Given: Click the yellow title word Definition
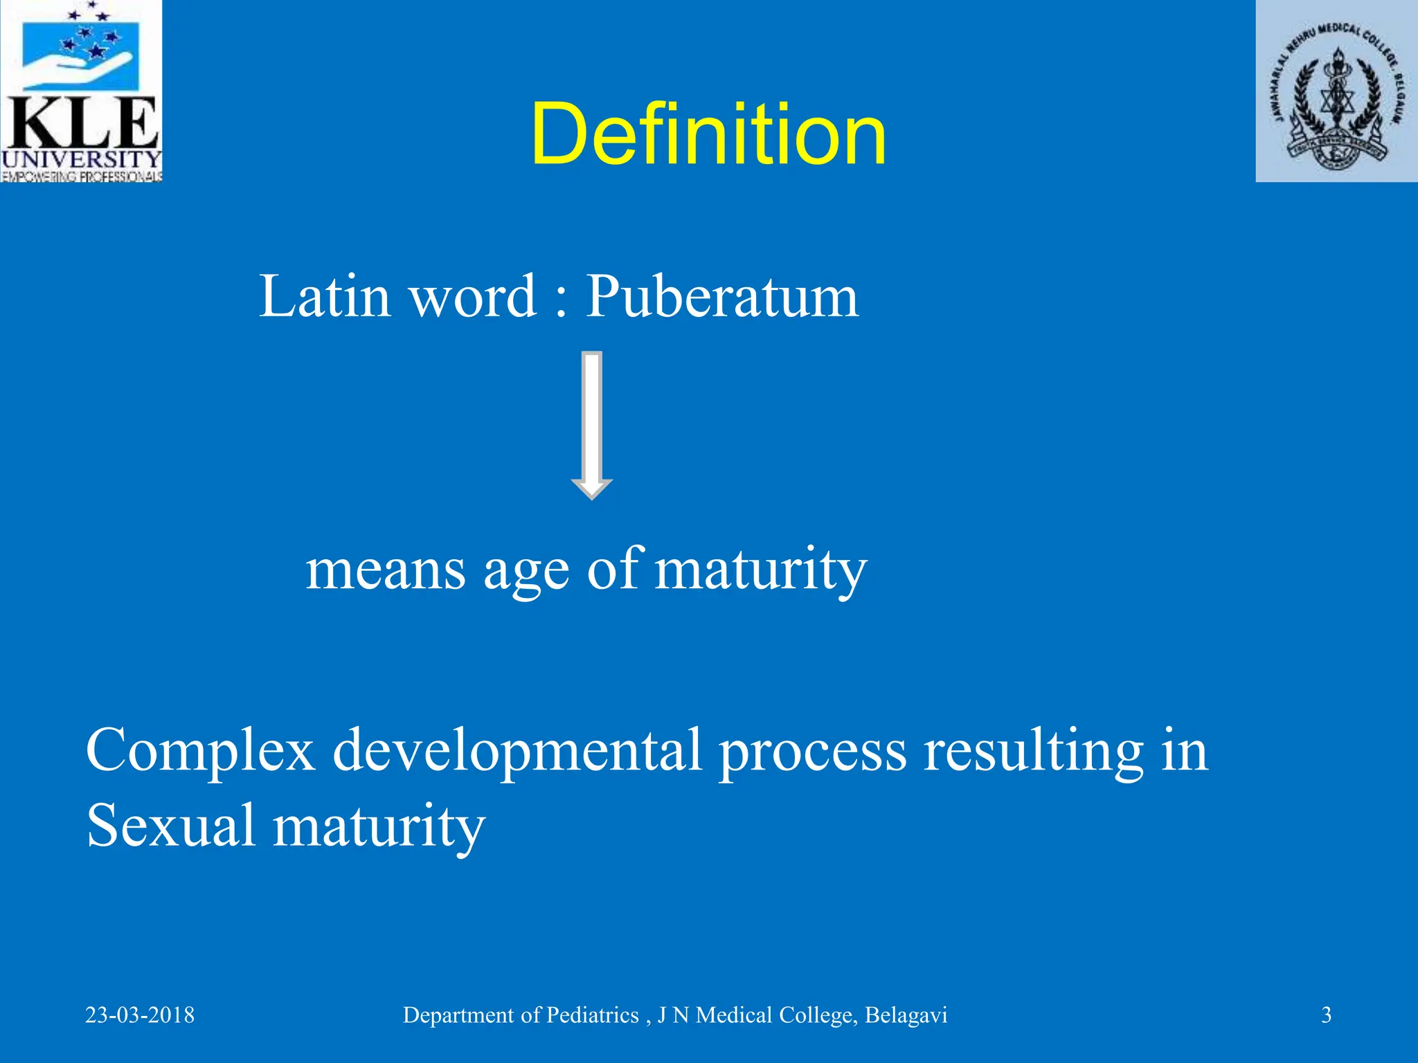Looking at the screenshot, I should tap(708, 134).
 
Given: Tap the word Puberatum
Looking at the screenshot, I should tap(722, 296).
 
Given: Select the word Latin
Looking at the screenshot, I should tap(325, 296).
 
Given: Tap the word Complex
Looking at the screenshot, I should tap(200, 751).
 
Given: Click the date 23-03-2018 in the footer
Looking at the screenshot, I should tap(140, 1015).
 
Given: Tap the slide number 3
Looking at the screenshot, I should tap(1326, 1015).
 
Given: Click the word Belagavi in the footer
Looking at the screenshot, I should tap(906, 1015).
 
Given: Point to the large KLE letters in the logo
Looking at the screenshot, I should tap(82, 125).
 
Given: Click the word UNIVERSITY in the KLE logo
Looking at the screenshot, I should tap(82, 160).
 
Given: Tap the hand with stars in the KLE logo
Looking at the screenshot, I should tap(82, 55).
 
